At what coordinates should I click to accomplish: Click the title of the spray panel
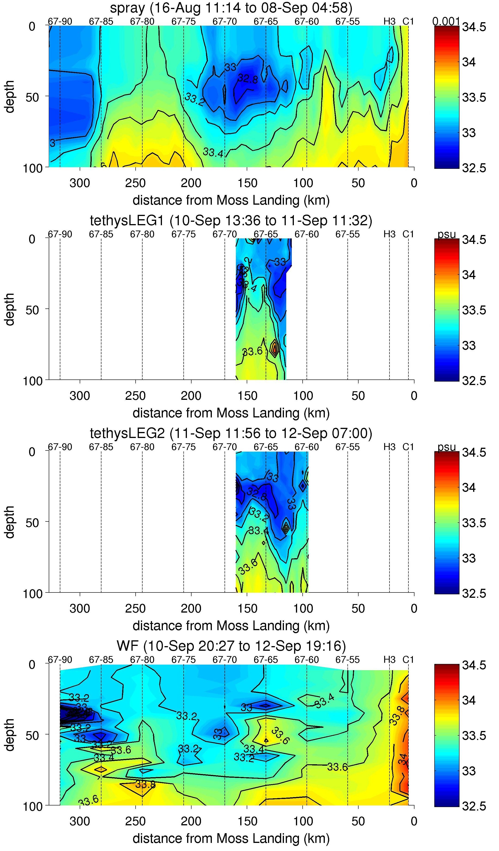(x=231, y=8)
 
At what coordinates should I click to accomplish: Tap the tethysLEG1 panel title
(x=231, y=221)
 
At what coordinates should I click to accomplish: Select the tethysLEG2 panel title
(x=231, y=433)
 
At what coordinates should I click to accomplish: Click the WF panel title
(x=231, y=646)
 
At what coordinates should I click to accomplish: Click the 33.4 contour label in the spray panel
(x=213, y=152)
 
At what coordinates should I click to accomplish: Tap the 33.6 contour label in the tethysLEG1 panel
(x=252, y=351)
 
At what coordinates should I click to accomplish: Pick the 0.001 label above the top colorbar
(x=446, y=22)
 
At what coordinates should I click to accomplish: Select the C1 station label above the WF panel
(x=408, y=660)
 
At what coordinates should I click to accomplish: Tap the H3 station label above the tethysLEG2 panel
(x=389, y=447)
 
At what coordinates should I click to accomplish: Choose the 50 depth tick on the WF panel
(x=32, y=735)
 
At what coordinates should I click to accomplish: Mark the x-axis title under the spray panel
(x=231, y=200)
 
